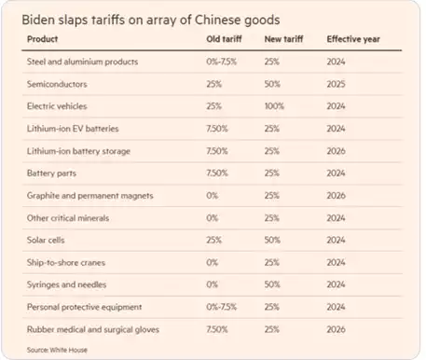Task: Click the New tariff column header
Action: (x=284, y=40)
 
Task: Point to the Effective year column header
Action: (x=351, y=40)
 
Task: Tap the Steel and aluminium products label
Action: (x=82, y=62)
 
